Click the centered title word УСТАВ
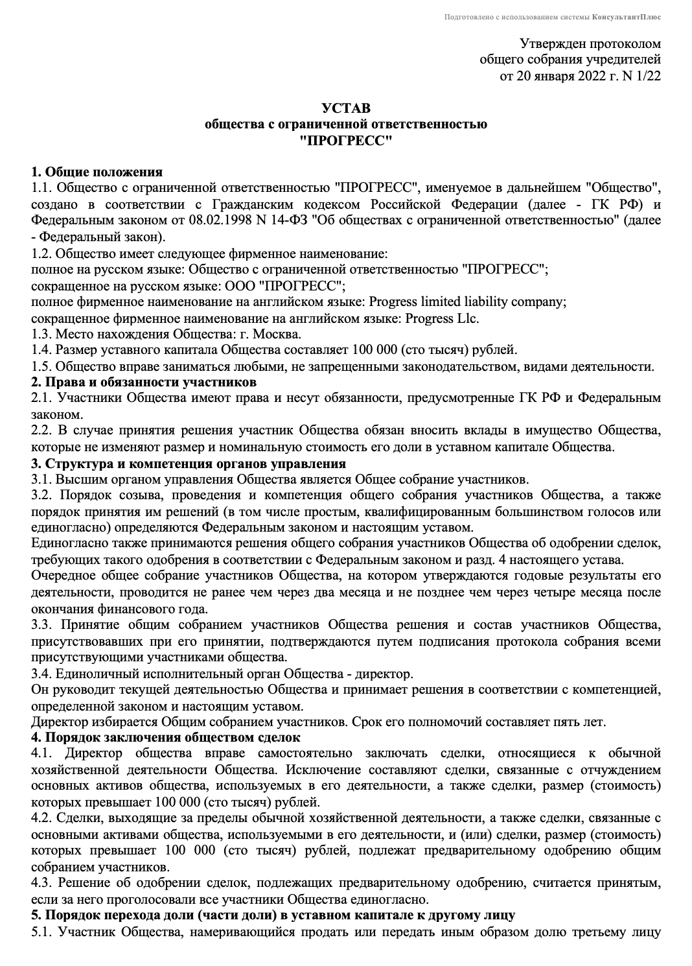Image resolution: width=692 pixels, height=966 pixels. tap(346, 108)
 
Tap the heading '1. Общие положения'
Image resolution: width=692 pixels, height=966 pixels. tap(97, 172)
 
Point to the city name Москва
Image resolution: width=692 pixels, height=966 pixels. tap(276, 335)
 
